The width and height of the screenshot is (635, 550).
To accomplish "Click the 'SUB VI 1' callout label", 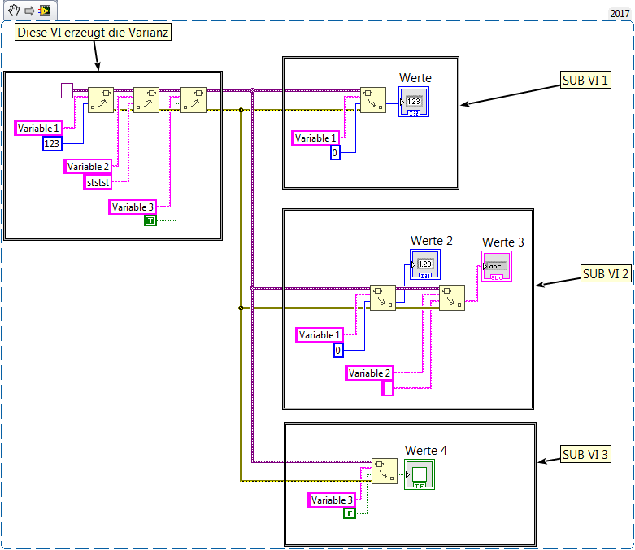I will [585, 81].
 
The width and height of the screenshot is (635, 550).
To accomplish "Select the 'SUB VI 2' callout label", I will [606, 274].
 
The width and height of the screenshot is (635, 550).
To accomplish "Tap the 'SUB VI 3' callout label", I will [585, 455].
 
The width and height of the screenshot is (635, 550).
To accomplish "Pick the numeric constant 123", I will [52, 144].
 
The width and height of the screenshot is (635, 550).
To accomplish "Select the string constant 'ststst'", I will [97, 182].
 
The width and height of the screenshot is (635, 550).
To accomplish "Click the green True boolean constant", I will [150, 220].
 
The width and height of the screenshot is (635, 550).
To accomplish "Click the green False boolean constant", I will [350, 513].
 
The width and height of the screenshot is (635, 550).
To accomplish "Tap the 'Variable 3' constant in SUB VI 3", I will [333, 500].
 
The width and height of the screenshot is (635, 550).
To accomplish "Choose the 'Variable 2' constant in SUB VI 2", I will [370, 373].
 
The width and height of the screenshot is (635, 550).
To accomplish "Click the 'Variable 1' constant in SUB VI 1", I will [315, 138].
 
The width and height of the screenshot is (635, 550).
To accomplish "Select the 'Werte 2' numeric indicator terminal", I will [424, 264].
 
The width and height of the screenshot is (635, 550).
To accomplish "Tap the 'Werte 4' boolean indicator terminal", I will [420, 474].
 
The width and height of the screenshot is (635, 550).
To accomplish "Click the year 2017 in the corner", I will [620, 15].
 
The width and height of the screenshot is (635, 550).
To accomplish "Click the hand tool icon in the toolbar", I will [14, 11].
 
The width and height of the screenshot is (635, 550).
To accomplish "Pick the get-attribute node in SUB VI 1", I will [373, 100].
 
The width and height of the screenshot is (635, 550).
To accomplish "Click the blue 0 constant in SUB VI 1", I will [335, 152].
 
